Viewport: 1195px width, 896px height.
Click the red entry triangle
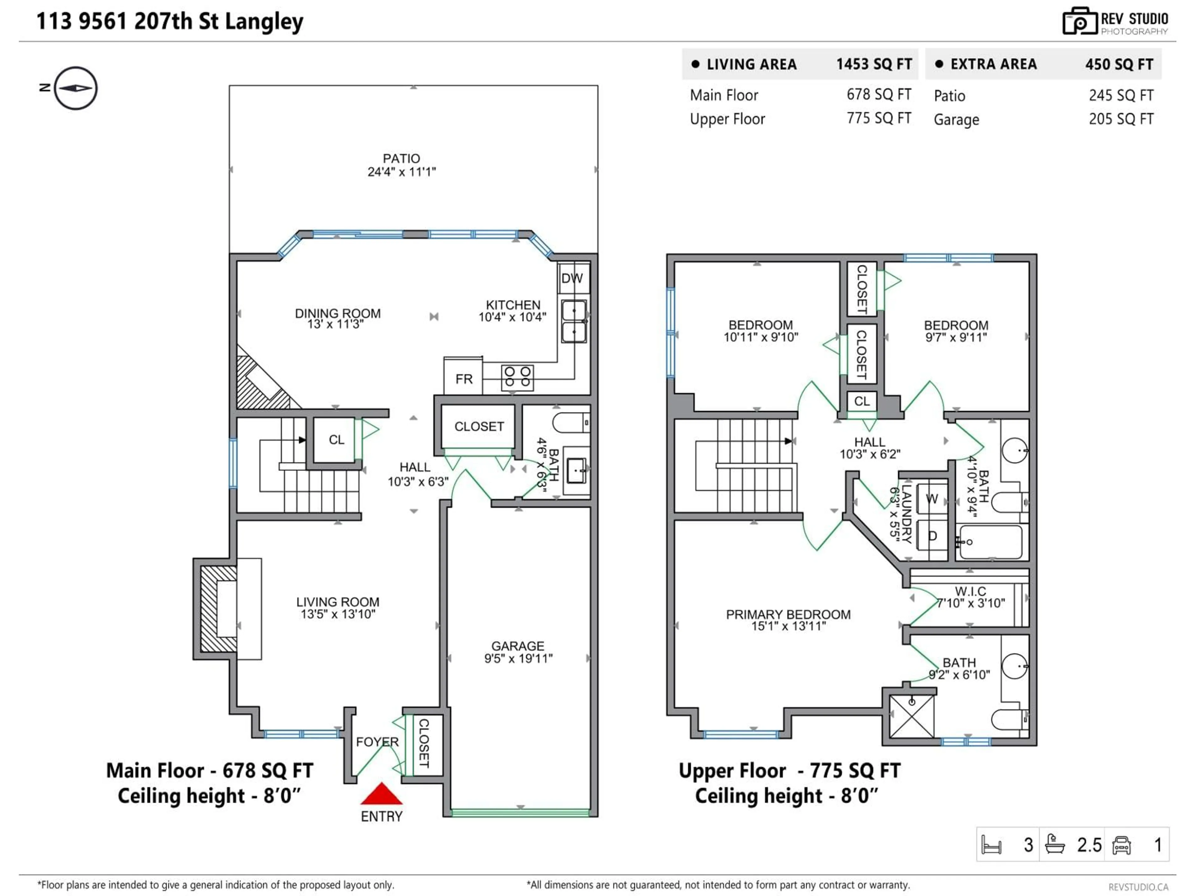(382, 795)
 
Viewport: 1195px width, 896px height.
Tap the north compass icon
(76, 88)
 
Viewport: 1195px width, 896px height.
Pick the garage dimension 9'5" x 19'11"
(518, 658)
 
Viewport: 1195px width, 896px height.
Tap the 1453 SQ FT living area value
(874, 64)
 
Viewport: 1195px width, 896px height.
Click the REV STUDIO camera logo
(1079, 21)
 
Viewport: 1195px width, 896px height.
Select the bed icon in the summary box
(991, 845)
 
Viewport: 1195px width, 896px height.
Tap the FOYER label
(377, 742)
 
